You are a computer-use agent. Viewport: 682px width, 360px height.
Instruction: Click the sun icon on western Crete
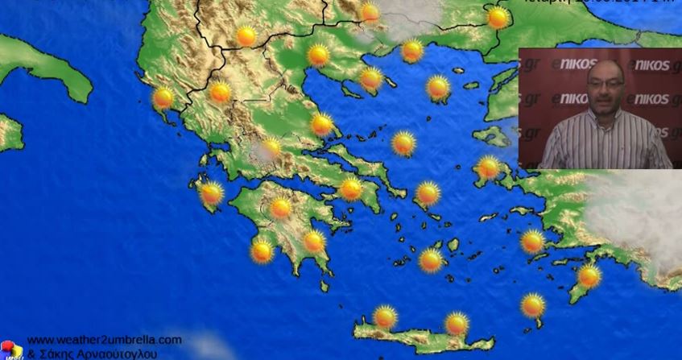coord(385,317)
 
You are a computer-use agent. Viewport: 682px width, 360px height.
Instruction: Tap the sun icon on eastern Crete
coord(457,324)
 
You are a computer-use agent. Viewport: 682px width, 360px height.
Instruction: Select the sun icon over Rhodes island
coord(589,276)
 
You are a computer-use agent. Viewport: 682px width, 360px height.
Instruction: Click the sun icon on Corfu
coord(163,98)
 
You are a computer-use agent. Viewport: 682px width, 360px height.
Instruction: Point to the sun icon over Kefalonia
coord(211,193)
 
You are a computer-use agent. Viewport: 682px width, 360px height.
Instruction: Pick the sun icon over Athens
coord(350,189)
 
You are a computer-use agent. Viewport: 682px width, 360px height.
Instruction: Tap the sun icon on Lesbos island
coord(488,168)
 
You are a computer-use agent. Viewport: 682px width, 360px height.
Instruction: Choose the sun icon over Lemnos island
coord(438,87)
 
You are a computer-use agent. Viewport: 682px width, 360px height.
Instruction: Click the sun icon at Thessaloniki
coord(318,56)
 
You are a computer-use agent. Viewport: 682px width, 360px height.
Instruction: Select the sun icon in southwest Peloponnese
coord(262,250)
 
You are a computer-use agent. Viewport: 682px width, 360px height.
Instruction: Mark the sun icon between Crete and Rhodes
coord(532,305)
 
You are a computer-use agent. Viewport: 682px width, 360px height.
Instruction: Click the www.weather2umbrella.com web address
coord(104,340)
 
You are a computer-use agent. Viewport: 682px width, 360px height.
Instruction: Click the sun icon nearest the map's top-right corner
coord(498,17)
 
